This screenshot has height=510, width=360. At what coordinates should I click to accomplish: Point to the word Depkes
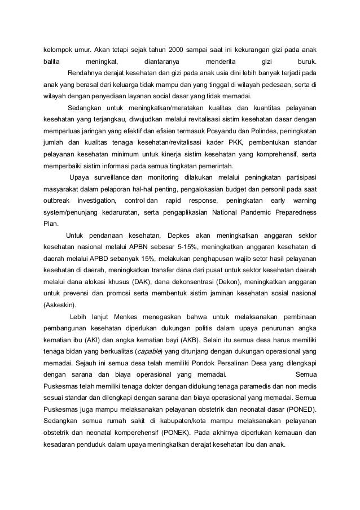[x=178, y=235]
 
